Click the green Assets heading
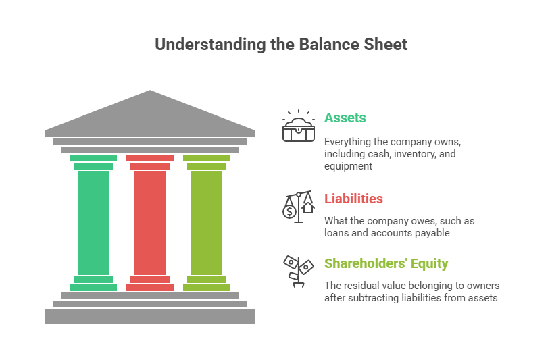345,118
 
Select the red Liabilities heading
353,199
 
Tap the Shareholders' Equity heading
386,263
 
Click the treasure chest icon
299,127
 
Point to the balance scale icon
298,206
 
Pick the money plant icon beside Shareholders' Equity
298,271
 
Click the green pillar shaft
93,222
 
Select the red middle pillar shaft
150,222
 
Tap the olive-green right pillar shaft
207,222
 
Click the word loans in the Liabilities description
336,233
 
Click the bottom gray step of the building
150,316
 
